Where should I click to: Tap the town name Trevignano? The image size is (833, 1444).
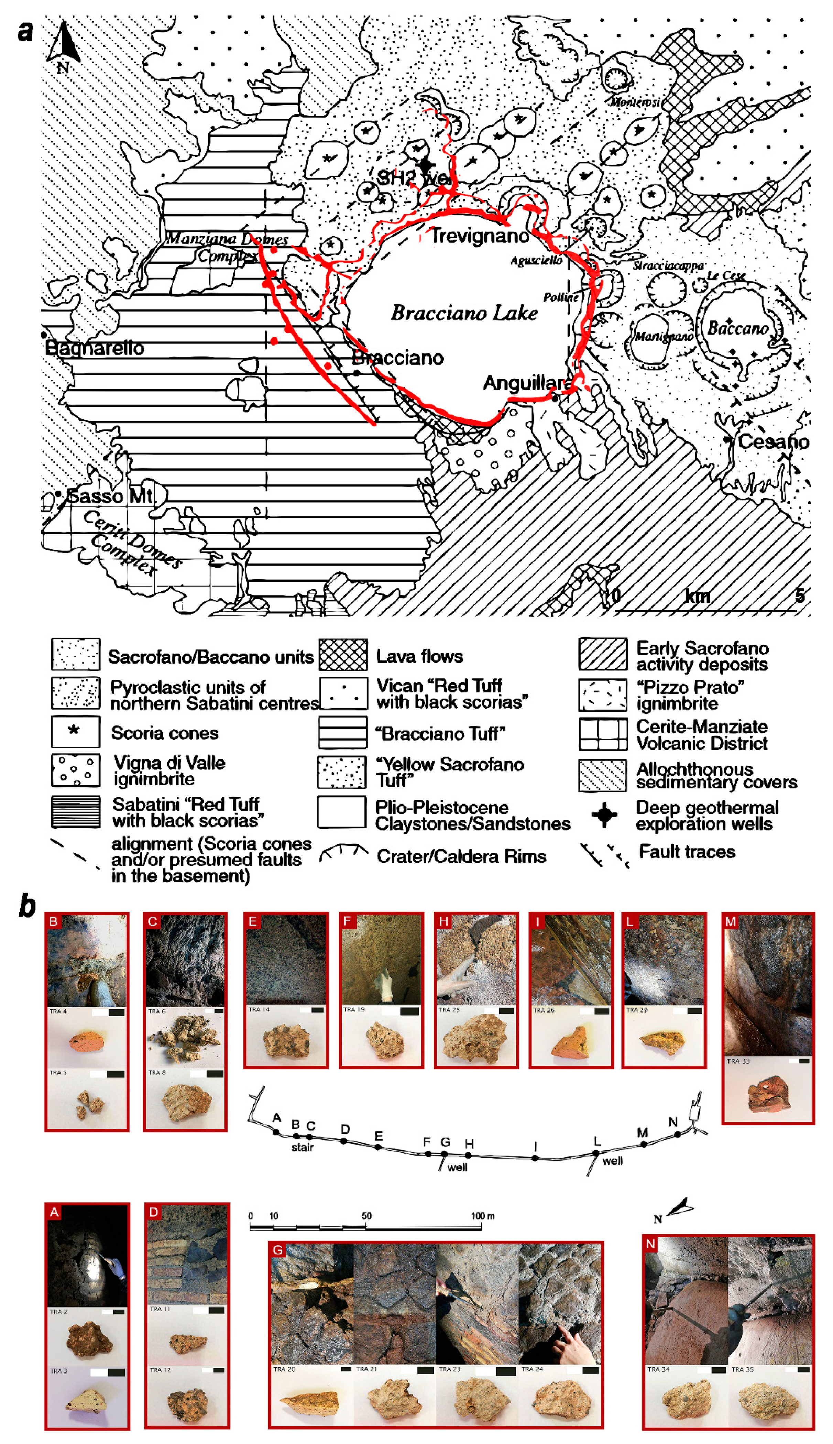[480, 235]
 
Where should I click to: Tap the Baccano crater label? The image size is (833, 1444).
[738, 328]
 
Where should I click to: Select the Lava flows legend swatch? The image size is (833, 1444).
[343, 655]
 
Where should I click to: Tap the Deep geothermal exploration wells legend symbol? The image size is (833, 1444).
[604, 815]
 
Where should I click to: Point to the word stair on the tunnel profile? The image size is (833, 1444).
[302, 1147]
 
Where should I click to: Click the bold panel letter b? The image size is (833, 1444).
[26, 906]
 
